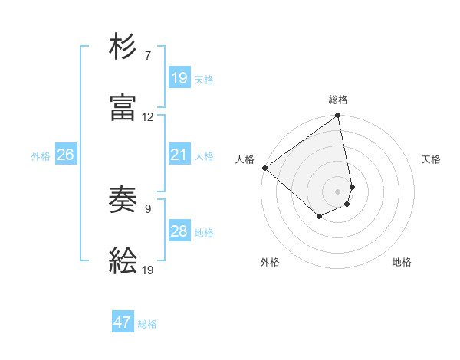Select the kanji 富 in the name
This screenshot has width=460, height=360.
click(x=123, y=108)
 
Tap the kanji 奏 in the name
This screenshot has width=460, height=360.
click(x=123, y=201)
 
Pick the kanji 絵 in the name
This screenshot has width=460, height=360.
click(x=123, y=262)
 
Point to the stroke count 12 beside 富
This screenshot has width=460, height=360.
click(x=147, y=117)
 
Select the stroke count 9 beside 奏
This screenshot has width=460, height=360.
click(x=147, y=208)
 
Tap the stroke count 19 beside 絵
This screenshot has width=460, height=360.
click(x=147, y=270)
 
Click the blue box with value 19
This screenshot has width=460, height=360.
click(x=179, y=77)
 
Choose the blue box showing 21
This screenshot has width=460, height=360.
click(x=179, y=155)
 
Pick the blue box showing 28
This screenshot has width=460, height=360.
click(x=179, y=231)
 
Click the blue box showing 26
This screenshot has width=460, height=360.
click(x=66, y=155)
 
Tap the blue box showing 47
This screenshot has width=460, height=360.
click(x=123, y=322)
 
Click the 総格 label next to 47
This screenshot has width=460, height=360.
click(x=148, y=324)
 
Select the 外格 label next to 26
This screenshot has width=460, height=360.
click(x=41, y=156)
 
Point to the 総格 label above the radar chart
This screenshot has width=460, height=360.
click(x=338, y=100)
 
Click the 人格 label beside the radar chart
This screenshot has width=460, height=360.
click(x=245, y=159)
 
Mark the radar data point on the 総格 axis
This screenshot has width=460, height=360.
click(x=338, y=116)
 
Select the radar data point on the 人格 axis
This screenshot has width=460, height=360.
click(x=264, y=168)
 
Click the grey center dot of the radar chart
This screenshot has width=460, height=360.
click(x=338, y=191)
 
